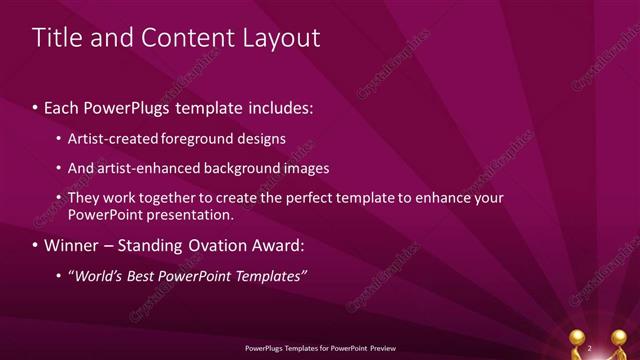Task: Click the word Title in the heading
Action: (56, 38)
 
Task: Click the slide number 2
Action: (590, 347)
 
